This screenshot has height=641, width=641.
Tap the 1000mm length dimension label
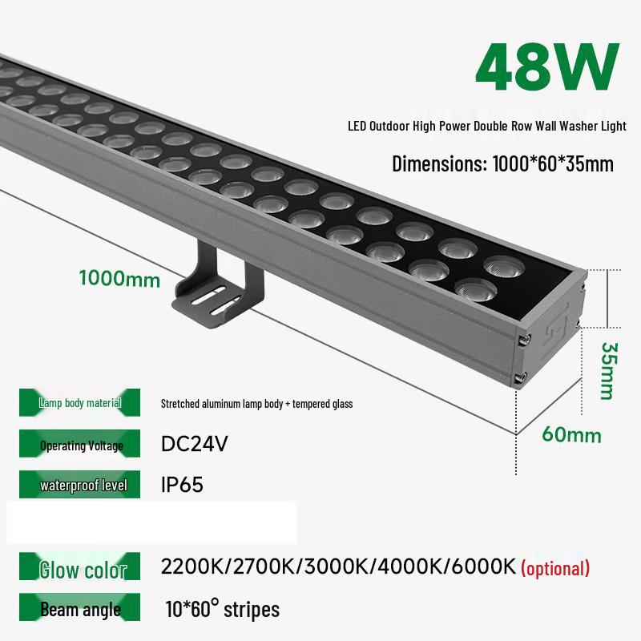[x=119, y=280]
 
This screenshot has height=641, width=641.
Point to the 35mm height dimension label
[x=610, y=370]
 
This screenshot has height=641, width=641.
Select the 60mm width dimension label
[x=571, y=435]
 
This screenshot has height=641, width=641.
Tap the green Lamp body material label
[x=80, y=403]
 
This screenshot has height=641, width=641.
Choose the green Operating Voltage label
[x=81, y=445]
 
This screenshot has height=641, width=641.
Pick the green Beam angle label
[x=80, y=610]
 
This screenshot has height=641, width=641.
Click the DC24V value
[x=195, y=444]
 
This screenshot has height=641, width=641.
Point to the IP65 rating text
[x=182, y=485]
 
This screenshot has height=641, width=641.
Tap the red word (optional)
[x=555, y=569]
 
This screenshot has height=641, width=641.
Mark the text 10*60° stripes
[x=223, y=609]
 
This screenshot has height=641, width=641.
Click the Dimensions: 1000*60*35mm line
[x=502, y=164]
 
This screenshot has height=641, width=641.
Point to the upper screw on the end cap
[x=522, y=341]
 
